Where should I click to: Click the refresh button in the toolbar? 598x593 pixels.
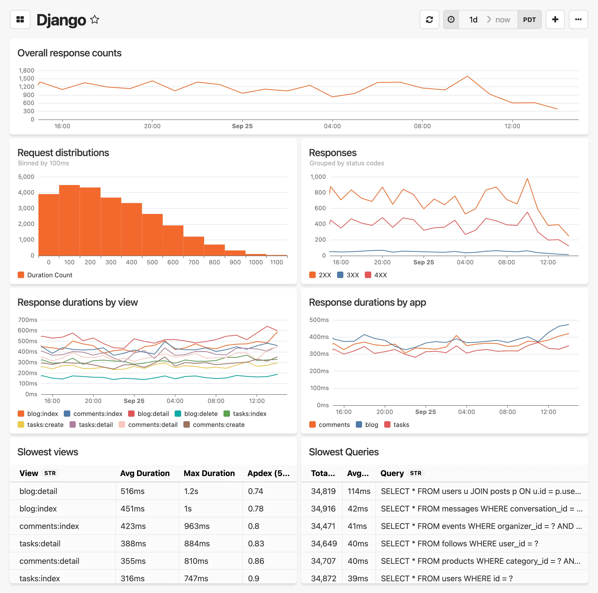tap(429, 19)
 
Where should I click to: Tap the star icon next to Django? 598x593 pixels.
tap(95, 19)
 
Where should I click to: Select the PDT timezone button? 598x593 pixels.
tap(529, 19)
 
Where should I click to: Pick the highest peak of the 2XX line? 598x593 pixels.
tap(527, 179)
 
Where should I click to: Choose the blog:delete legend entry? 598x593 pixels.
tap(196, 414)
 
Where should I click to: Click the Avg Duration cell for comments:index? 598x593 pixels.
tap(133, 526)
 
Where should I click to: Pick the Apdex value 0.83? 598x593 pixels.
tap(256, 543)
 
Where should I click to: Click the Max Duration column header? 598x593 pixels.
tap(209, 473)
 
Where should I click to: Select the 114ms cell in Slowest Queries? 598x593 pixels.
tap(359, 491)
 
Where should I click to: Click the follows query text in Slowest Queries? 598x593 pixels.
tap(459, 543)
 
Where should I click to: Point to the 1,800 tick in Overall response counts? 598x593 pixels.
tap(26, 71)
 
